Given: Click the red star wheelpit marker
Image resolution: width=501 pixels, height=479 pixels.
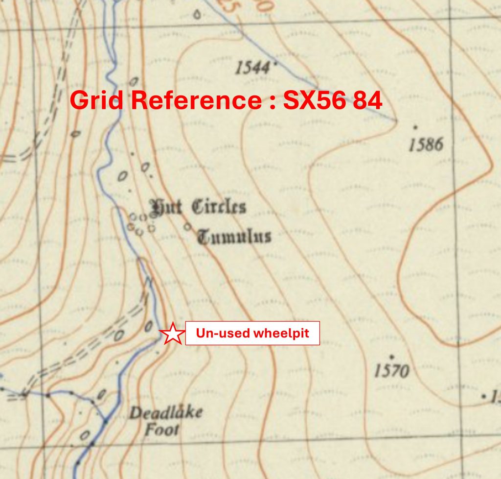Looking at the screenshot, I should (x=172, y=334).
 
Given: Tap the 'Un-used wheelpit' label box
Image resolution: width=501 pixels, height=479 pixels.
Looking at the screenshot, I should (x=252, y=334).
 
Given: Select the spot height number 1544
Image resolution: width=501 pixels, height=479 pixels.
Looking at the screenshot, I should (x=252, y=68).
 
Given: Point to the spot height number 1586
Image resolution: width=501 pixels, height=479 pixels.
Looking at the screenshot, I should (x=426, y=144).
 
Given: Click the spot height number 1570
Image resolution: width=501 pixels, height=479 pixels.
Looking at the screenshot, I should (x=391, y=371).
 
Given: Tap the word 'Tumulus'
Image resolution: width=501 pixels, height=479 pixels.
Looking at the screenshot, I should (x=234, y=237).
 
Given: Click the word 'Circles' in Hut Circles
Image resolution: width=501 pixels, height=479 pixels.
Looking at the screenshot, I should (x=218, y=207).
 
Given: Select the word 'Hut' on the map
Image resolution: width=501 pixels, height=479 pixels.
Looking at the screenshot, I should (x=166, y=208).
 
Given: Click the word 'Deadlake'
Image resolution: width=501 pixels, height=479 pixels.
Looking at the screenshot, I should (x=165, y=413).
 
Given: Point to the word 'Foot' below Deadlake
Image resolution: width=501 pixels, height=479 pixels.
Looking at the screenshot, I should (x=161, y=430).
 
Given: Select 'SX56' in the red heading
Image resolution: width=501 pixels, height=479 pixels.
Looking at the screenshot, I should (x=306, y=100).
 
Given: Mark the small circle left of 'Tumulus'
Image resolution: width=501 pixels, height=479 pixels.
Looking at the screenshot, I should (x=187, y=227).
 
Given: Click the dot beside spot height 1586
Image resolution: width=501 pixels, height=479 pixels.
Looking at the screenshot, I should (x=415, y=127).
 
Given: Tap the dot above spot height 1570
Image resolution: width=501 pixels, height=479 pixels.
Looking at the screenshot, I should (x=391, y=356).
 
